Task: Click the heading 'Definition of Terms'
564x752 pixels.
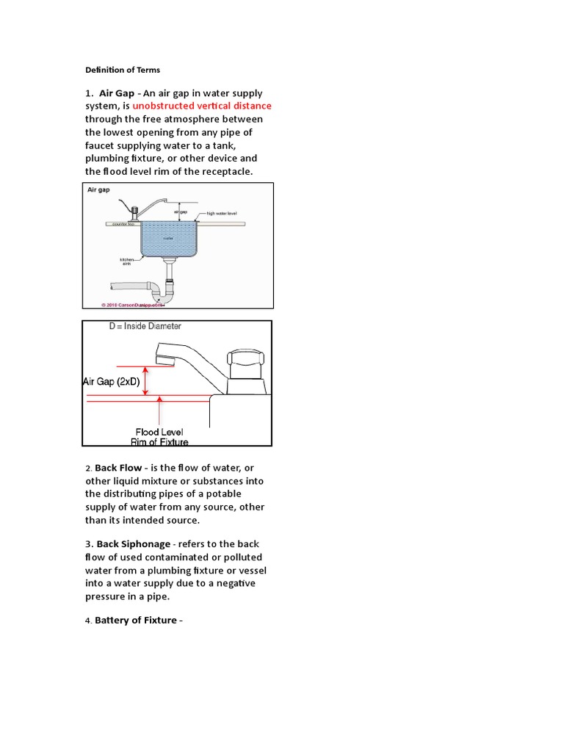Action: point(123,70)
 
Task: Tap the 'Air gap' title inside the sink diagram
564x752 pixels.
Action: point(99,189)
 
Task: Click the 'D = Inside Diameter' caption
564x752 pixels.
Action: point(145,326)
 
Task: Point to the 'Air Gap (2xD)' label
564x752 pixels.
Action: point(110,381)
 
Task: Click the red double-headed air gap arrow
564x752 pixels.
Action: point(145,381)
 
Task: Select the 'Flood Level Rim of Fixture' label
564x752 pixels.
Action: point(159,437)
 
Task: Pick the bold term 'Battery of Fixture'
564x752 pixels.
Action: point(136,621)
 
